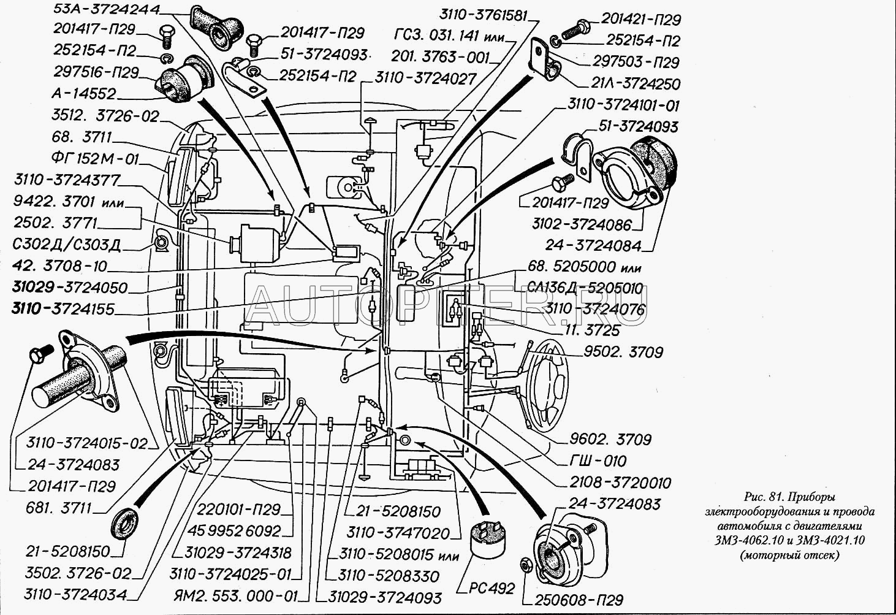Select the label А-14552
84,94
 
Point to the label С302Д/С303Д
66,245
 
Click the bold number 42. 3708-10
59,267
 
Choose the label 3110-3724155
63,308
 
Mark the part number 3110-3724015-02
87,443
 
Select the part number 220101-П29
239,510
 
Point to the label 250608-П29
579,600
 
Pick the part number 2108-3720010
620,483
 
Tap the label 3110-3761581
484,15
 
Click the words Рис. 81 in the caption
765,497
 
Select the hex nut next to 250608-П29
525,563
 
